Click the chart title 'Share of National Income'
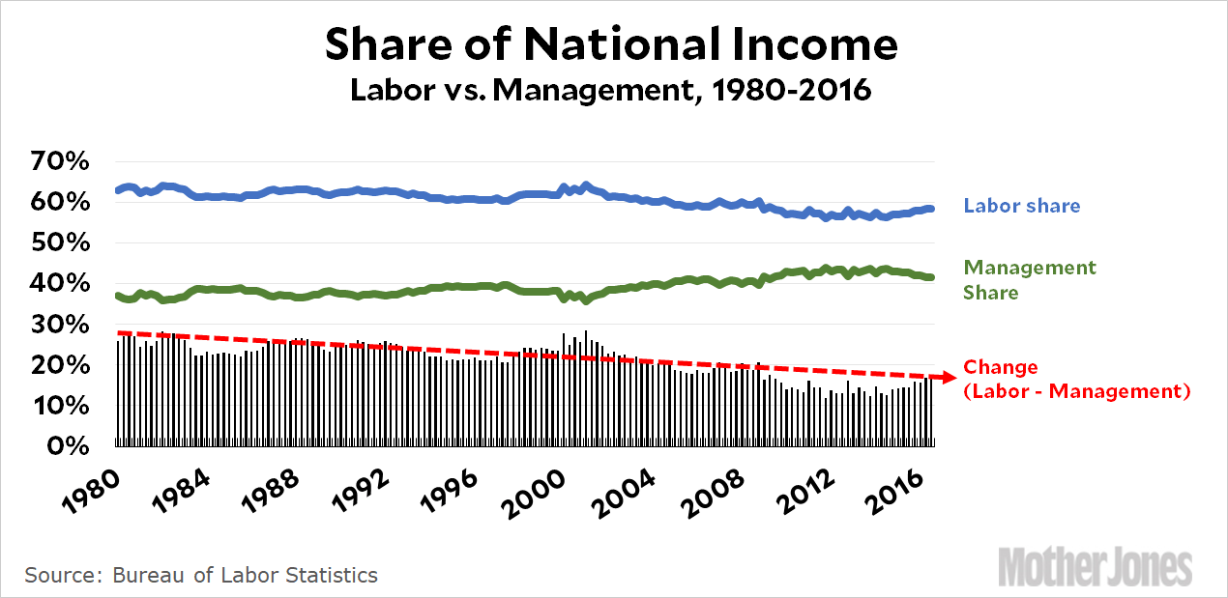pos(611,44)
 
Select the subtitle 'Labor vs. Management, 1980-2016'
pos(611,91)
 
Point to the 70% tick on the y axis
pos(59,161)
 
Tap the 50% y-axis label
pos(59,243)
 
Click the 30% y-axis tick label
pos(59,325)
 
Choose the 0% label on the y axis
pos(67,446)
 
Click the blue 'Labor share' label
pos(1021,206)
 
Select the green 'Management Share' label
pos(1029,279)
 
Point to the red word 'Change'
pos(1001,368)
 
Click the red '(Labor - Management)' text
pos(1075,391)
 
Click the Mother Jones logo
pos(1095,566)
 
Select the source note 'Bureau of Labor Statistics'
pos(245,576)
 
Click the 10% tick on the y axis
pos(59,406)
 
